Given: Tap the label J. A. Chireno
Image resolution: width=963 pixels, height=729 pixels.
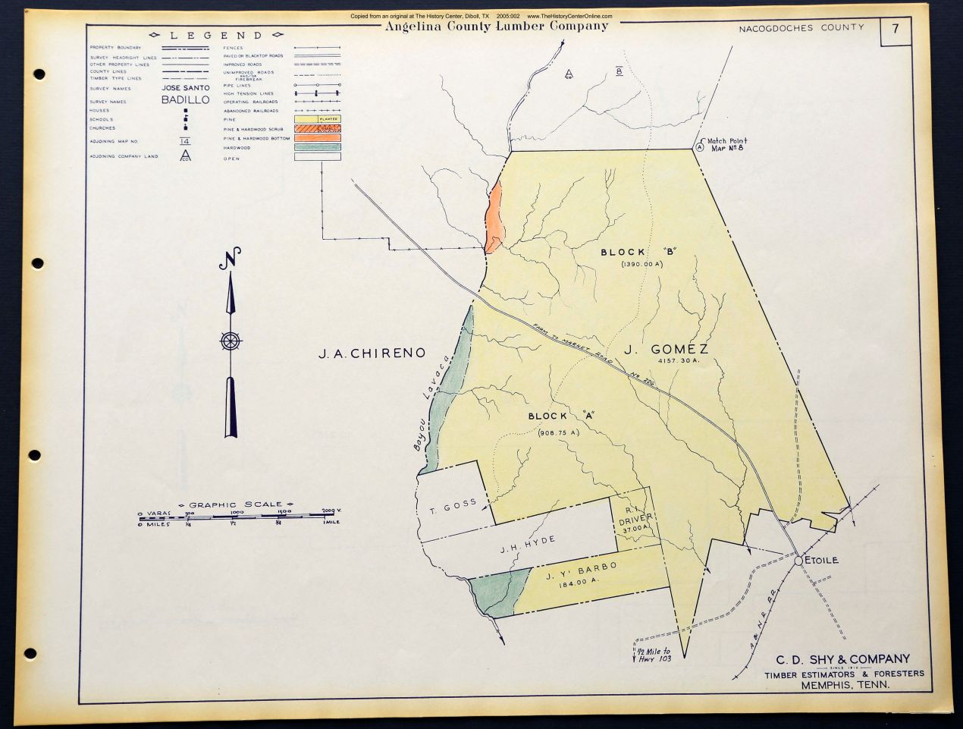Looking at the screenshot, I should [372, 353].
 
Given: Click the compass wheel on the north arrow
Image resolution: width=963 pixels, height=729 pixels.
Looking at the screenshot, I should [231, 341].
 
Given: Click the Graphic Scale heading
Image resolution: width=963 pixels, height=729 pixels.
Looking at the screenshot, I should [235, 504].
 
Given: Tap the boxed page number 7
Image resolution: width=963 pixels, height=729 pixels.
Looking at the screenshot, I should [896, 30].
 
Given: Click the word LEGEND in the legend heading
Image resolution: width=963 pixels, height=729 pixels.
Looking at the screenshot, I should [216, 36].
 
